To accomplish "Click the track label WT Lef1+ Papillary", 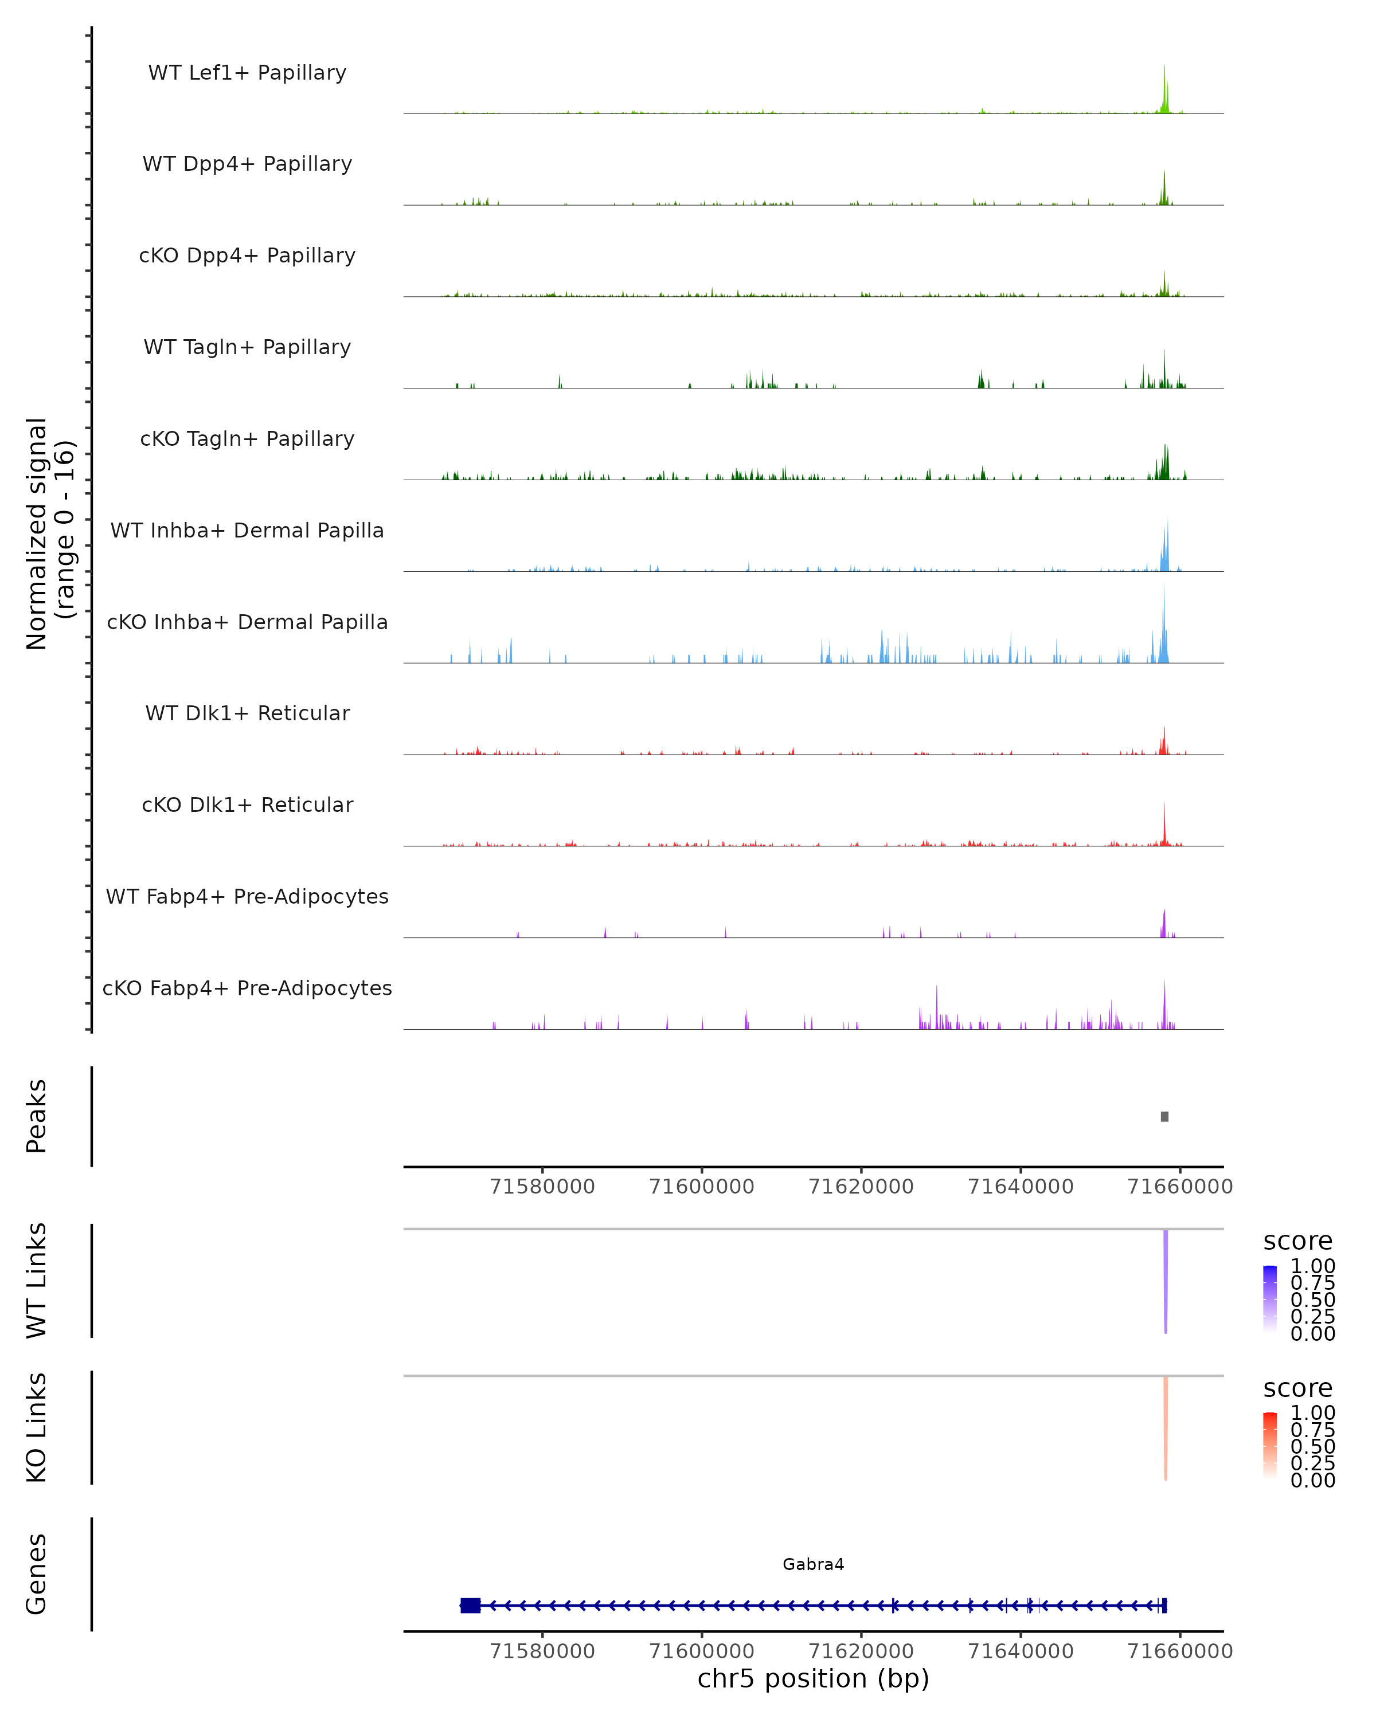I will click(247, 73).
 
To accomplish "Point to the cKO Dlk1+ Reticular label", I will click(247, 804).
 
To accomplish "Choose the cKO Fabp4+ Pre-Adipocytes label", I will click(247, 988).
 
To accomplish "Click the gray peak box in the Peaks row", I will click(1164, 1116).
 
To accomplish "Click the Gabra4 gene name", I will click(813, 1564).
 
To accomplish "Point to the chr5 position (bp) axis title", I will click(813, 1679).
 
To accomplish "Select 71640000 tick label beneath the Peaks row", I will click(1020, 1187).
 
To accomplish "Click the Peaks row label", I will click(36, 1116).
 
